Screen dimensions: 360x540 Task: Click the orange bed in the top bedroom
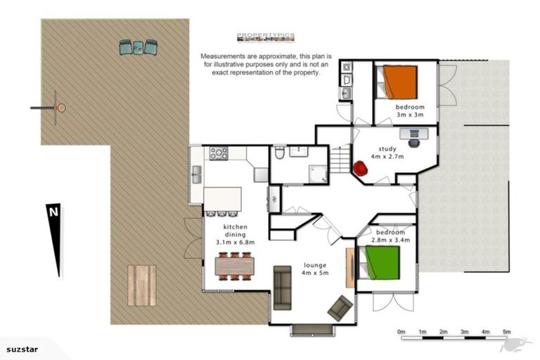click(399, 82)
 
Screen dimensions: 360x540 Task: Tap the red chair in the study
click(360, 169)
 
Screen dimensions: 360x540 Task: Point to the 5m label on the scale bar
click(506, 331)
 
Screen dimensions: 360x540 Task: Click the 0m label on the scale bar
click(401, 331)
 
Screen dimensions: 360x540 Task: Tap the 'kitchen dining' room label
click(234, 231)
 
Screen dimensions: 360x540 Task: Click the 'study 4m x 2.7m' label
click(387, 153)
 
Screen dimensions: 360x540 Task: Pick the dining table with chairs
click(234, 266)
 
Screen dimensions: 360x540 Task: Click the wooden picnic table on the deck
click(142, 285)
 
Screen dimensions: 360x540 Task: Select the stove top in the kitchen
click(217, 152)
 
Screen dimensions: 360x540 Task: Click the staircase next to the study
click(340, 159)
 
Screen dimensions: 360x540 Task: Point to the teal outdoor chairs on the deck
click(139, 47)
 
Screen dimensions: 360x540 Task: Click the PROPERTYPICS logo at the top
click(265, 37)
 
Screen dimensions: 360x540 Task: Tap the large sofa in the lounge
click(282, 287)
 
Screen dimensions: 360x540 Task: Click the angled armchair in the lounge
click(340, 307)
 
